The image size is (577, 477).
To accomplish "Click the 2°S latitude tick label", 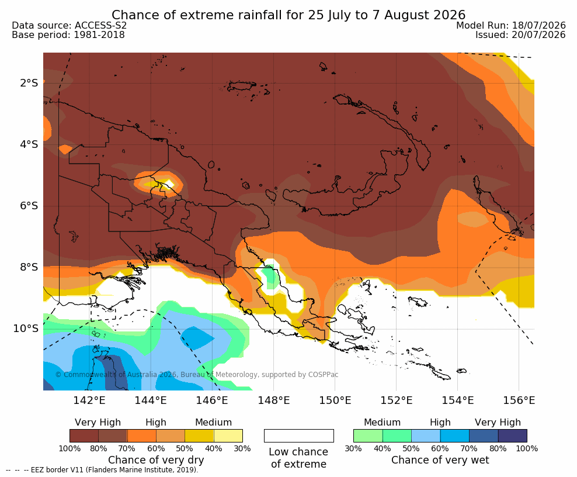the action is click(29, 83).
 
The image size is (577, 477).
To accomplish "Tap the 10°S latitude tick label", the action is click(26, 329).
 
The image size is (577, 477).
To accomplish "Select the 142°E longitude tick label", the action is click(89, 400).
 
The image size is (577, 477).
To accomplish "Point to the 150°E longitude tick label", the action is click(335, 400).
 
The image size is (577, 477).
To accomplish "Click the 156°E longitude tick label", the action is click(519, 400).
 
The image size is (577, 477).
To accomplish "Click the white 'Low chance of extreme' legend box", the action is click(299, 435).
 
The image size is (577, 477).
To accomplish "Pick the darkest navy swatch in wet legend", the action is click(513, 435).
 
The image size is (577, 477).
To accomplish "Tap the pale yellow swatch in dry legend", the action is click(228, 435).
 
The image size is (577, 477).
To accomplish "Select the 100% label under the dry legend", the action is click(69, 448).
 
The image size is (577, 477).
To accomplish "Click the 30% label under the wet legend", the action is click(353, 448).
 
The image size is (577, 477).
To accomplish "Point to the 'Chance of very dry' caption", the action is click(156, 460).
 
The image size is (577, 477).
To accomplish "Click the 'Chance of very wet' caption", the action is click(440, 460).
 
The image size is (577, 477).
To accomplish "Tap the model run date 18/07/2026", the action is click(538, 25).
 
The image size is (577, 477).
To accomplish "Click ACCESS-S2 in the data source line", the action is click(100, 25).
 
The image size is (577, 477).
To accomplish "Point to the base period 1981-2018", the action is click(99, 35).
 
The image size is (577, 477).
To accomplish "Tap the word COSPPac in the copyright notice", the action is click(323, 375).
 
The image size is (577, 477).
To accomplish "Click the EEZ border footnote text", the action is click(114, 470).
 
